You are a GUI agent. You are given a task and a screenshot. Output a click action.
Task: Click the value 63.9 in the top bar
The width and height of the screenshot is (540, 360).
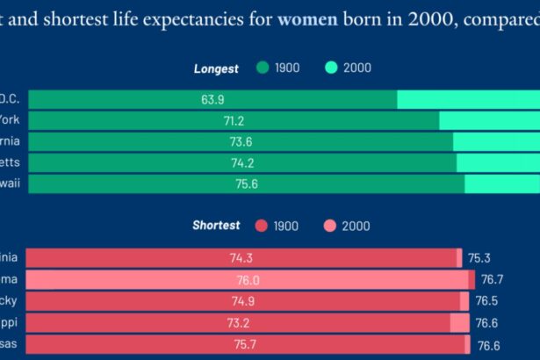(212, 99)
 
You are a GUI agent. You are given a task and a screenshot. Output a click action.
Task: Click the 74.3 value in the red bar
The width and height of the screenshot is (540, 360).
(242, 258)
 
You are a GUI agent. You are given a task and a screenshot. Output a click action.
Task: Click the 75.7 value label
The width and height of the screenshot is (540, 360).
(247, 344)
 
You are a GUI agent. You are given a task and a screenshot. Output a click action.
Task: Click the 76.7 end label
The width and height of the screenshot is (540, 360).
(492, 279)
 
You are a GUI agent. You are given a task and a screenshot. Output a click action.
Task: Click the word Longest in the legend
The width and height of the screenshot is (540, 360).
(216, 68)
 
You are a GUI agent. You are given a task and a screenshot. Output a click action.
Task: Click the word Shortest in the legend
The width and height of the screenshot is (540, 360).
(216, 226)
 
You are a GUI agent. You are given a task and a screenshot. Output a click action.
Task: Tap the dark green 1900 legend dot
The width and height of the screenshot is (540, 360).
(263, 68)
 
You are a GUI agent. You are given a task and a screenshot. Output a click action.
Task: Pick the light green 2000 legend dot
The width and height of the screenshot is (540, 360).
(331, 68)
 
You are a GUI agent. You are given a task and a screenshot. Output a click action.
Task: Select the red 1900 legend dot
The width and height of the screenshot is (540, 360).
(261, 227)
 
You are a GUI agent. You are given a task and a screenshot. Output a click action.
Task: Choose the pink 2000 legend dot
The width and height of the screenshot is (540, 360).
(330, 227)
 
